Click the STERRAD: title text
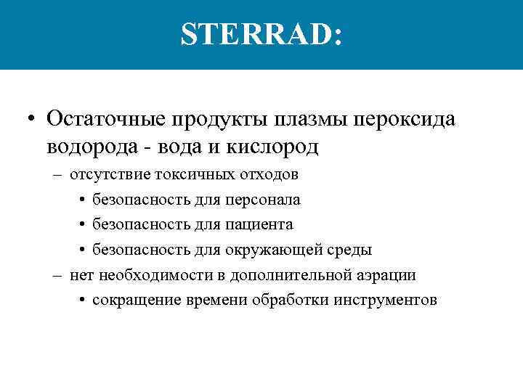pyautogui.click(x=261, y=35)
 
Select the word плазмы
pyautogui.click(x=300, y=118)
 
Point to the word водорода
pyautogui.click(x=94, y=147)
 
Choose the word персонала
pyautogui.click(x=259, y=200)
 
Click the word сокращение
pyautogui.click(x=132, y=301)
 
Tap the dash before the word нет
pyautogui.click(x=57, y=276)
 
